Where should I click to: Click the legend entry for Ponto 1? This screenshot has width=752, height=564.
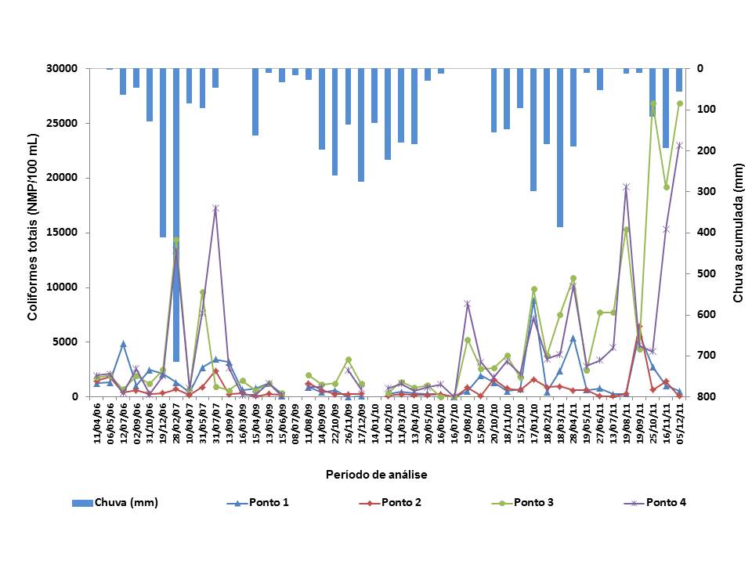click(269, 503)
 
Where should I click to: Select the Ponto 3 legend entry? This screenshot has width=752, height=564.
click(533, 503)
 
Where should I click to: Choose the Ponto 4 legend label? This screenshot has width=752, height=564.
click(666, 503)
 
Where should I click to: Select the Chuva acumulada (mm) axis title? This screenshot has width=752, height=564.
click(737, 233)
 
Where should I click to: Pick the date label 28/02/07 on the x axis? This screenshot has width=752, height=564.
click(176, 423)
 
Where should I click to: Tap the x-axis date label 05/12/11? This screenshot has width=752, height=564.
click(680, 423)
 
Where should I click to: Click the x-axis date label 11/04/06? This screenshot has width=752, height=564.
click(97, 423)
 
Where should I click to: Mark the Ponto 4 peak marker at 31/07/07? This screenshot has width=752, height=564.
click(215, 208)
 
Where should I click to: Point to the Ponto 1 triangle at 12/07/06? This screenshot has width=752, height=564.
click(123, 343)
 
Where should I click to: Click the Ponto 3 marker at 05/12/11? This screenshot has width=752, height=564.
click(679, 103)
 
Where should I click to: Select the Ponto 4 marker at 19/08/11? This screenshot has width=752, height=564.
click(626, 186)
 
